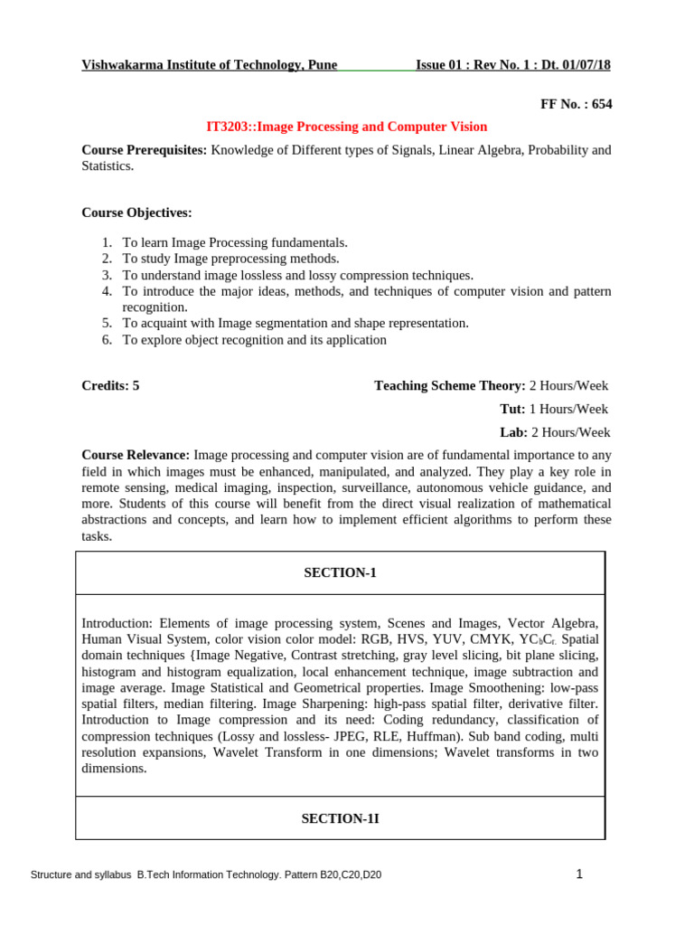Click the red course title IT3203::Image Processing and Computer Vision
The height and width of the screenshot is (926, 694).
click(x=347, y=127)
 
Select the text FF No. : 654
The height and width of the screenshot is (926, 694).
click(x=576, y=104)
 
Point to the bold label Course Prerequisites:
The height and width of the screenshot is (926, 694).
click(x=145, y=150)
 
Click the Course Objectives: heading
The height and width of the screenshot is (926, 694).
click(x=136, y=213)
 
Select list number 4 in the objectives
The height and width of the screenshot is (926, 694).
click(x=106, y=291)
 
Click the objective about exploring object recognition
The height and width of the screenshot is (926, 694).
click(x=254, y=340)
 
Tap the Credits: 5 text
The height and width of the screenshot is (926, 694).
click(x=110, y=386)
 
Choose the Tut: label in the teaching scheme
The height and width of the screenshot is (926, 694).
click(x=511, y=410)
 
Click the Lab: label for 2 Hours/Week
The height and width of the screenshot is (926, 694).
click(x=513, y=433)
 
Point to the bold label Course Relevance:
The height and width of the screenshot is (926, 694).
click(x=136, y=455)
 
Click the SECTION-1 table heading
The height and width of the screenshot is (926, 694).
click(x=340, y=573)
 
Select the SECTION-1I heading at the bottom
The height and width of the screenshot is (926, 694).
click(x=340, y=818)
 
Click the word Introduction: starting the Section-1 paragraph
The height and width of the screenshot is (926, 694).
click(x=118, y=623)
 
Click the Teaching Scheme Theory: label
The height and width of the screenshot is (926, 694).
click(x=449, y=386)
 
